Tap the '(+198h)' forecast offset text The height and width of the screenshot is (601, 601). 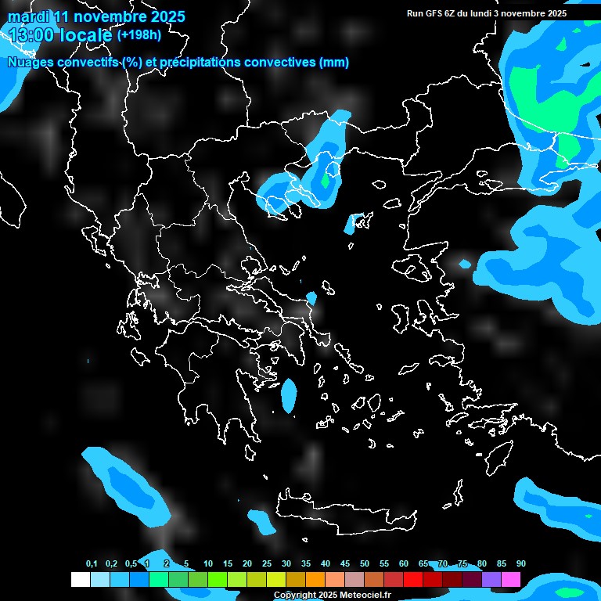(x=140, y=34)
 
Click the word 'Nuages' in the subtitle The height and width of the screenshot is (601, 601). (x=30, y=63)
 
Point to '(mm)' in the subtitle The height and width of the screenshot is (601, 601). (x=334, y=63)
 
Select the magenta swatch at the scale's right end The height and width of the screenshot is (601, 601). (x=511, y=580)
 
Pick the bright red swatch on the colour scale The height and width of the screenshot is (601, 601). (x=413, y=580)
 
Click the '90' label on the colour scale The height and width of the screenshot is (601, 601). (x=520, y=564)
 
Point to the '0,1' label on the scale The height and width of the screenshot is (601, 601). (x=92, y=564)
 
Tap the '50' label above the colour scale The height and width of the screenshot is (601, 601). (x=365, y=564)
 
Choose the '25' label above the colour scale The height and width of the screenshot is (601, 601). (x=267, y=564)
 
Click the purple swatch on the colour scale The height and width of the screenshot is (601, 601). (x=491, y=580)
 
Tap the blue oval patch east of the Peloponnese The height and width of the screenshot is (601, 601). (x=289, y=395)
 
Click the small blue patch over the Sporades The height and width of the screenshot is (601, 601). (x=311, y=298)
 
